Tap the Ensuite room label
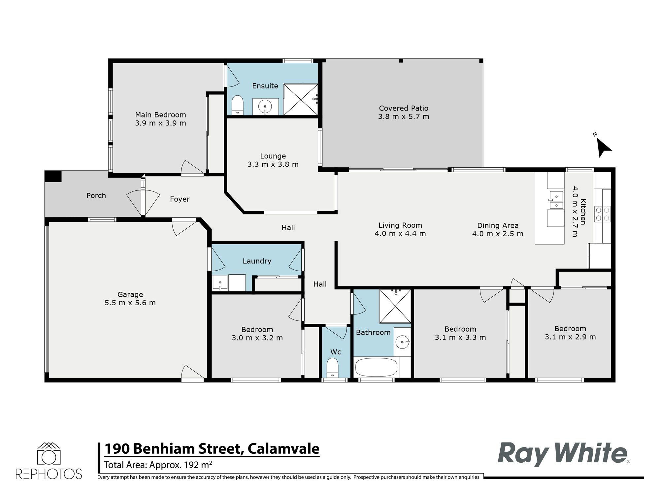[x=265, y=86]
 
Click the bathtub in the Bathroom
[x=376, y=367]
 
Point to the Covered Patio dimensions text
[x=403, y=116]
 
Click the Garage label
[x=130, y=294]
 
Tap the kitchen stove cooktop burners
[x=602, y=214]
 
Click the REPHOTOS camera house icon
[x=49, y=454]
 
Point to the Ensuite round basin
[x=265, y=107]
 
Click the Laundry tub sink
[x=220, y=283]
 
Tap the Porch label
[x=96, y=196]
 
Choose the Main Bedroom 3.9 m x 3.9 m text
[x=160, y=123]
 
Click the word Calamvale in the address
[x=283, y=449]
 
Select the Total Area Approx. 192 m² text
[x=158, y=465]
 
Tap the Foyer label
[x=180, y=199]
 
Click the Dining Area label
[x=498, y=226]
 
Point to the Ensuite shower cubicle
[x=300, y=99]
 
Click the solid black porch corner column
[x=53, y=176]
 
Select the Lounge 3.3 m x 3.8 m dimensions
[x=273, y=164]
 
